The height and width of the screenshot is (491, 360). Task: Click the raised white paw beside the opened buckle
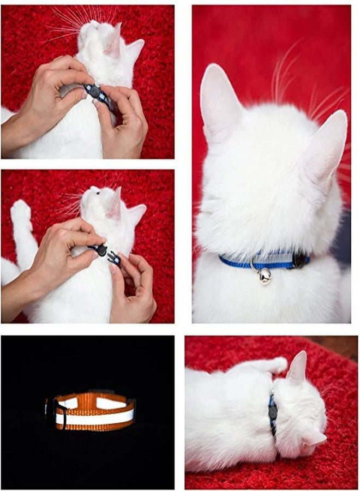[21, 213]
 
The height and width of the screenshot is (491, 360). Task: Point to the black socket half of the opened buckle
[100, 250]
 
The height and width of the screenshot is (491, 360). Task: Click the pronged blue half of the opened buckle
[114, 258]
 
